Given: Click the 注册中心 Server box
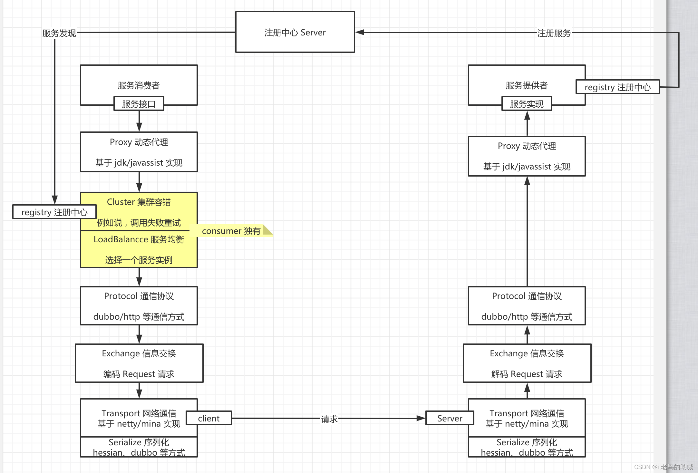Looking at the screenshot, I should point(295,32).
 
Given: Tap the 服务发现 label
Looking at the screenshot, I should point(59,33).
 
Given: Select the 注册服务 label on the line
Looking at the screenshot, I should point(554,33).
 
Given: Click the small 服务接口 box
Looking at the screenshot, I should point(139,104).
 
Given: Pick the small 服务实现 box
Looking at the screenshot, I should point(527,104).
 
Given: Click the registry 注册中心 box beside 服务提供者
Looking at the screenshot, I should point(617,87).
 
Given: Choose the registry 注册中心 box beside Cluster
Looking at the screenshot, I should point(54,212).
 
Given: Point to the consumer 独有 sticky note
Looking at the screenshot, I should point(231,231).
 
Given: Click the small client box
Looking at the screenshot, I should point(208,418).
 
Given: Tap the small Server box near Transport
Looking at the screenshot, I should point(450,418).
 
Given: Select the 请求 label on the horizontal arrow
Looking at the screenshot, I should point(329,419).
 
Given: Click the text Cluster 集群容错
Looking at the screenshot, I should point(139,202).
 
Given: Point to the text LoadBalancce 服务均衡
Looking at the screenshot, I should point(139,239).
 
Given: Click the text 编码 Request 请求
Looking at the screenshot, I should point(139,374).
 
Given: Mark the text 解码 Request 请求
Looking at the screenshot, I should point(527,374).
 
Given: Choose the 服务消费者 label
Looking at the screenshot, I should point(139,85).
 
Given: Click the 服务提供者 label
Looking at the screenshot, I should point(527,85).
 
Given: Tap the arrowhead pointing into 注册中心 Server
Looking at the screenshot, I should point(360,32).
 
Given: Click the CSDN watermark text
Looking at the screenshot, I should point(663,467).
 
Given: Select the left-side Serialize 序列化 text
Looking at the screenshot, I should point(139,442).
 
